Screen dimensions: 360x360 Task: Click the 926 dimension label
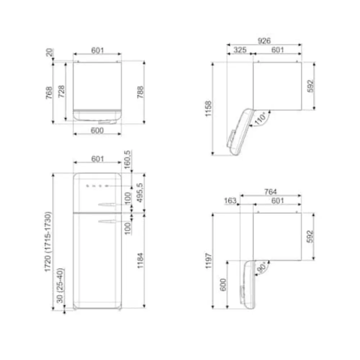(264, 41)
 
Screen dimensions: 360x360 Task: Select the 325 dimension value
(240, 50)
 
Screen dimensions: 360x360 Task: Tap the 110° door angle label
(260, 118)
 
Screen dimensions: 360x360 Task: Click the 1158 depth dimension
(208, 109)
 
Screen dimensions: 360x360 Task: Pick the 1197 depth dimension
(208, 261)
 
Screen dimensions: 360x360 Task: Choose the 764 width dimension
(270, 192)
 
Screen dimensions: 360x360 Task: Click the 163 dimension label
(230, 201)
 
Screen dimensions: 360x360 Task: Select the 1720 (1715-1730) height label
(48, 242)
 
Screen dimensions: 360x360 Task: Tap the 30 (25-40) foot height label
(60, 285)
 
